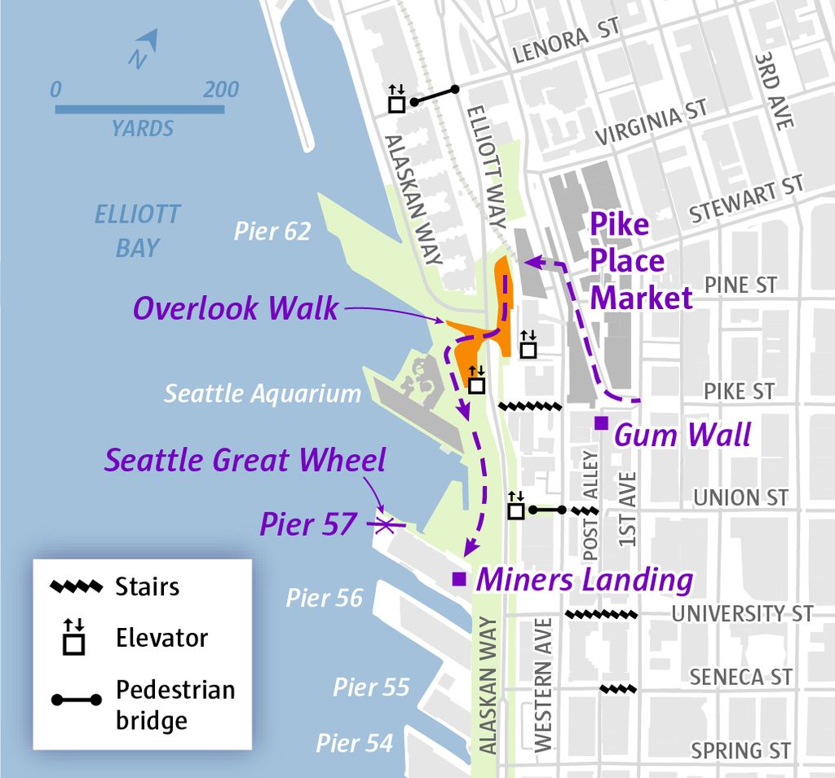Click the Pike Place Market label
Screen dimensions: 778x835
point(640,262)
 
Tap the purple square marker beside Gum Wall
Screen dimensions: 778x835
point(601,422)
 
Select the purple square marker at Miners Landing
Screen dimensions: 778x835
point(459,579)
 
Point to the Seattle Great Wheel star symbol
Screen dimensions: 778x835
point(386,524)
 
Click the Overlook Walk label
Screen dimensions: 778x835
point(235,308)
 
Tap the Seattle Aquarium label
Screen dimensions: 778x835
point(262,393)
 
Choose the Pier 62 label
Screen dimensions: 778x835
point(272,231)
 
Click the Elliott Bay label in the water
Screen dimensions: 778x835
point(137,231)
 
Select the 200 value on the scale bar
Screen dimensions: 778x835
point(221,90)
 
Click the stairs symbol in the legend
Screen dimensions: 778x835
point(76,586)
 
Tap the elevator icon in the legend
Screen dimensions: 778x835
point(74,638)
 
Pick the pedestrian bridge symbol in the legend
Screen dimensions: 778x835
point(75,700)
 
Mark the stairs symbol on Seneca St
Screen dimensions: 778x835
point(617,689)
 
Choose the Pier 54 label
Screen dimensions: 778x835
point(355,743)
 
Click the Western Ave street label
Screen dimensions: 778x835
point(543,685)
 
